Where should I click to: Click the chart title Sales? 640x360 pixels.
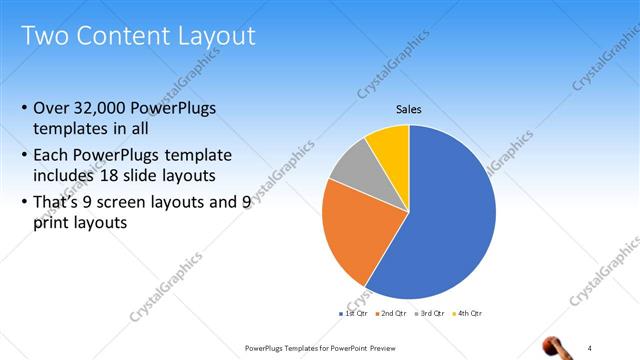[x=408, y=109]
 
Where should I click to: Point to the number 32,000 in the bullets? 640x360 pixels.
[x=105, y=108]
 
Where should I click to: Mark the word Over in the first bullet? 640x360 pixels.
[x=52, y=108]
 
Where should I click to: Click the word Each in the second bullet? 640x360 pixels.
[x=52, y=156]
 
